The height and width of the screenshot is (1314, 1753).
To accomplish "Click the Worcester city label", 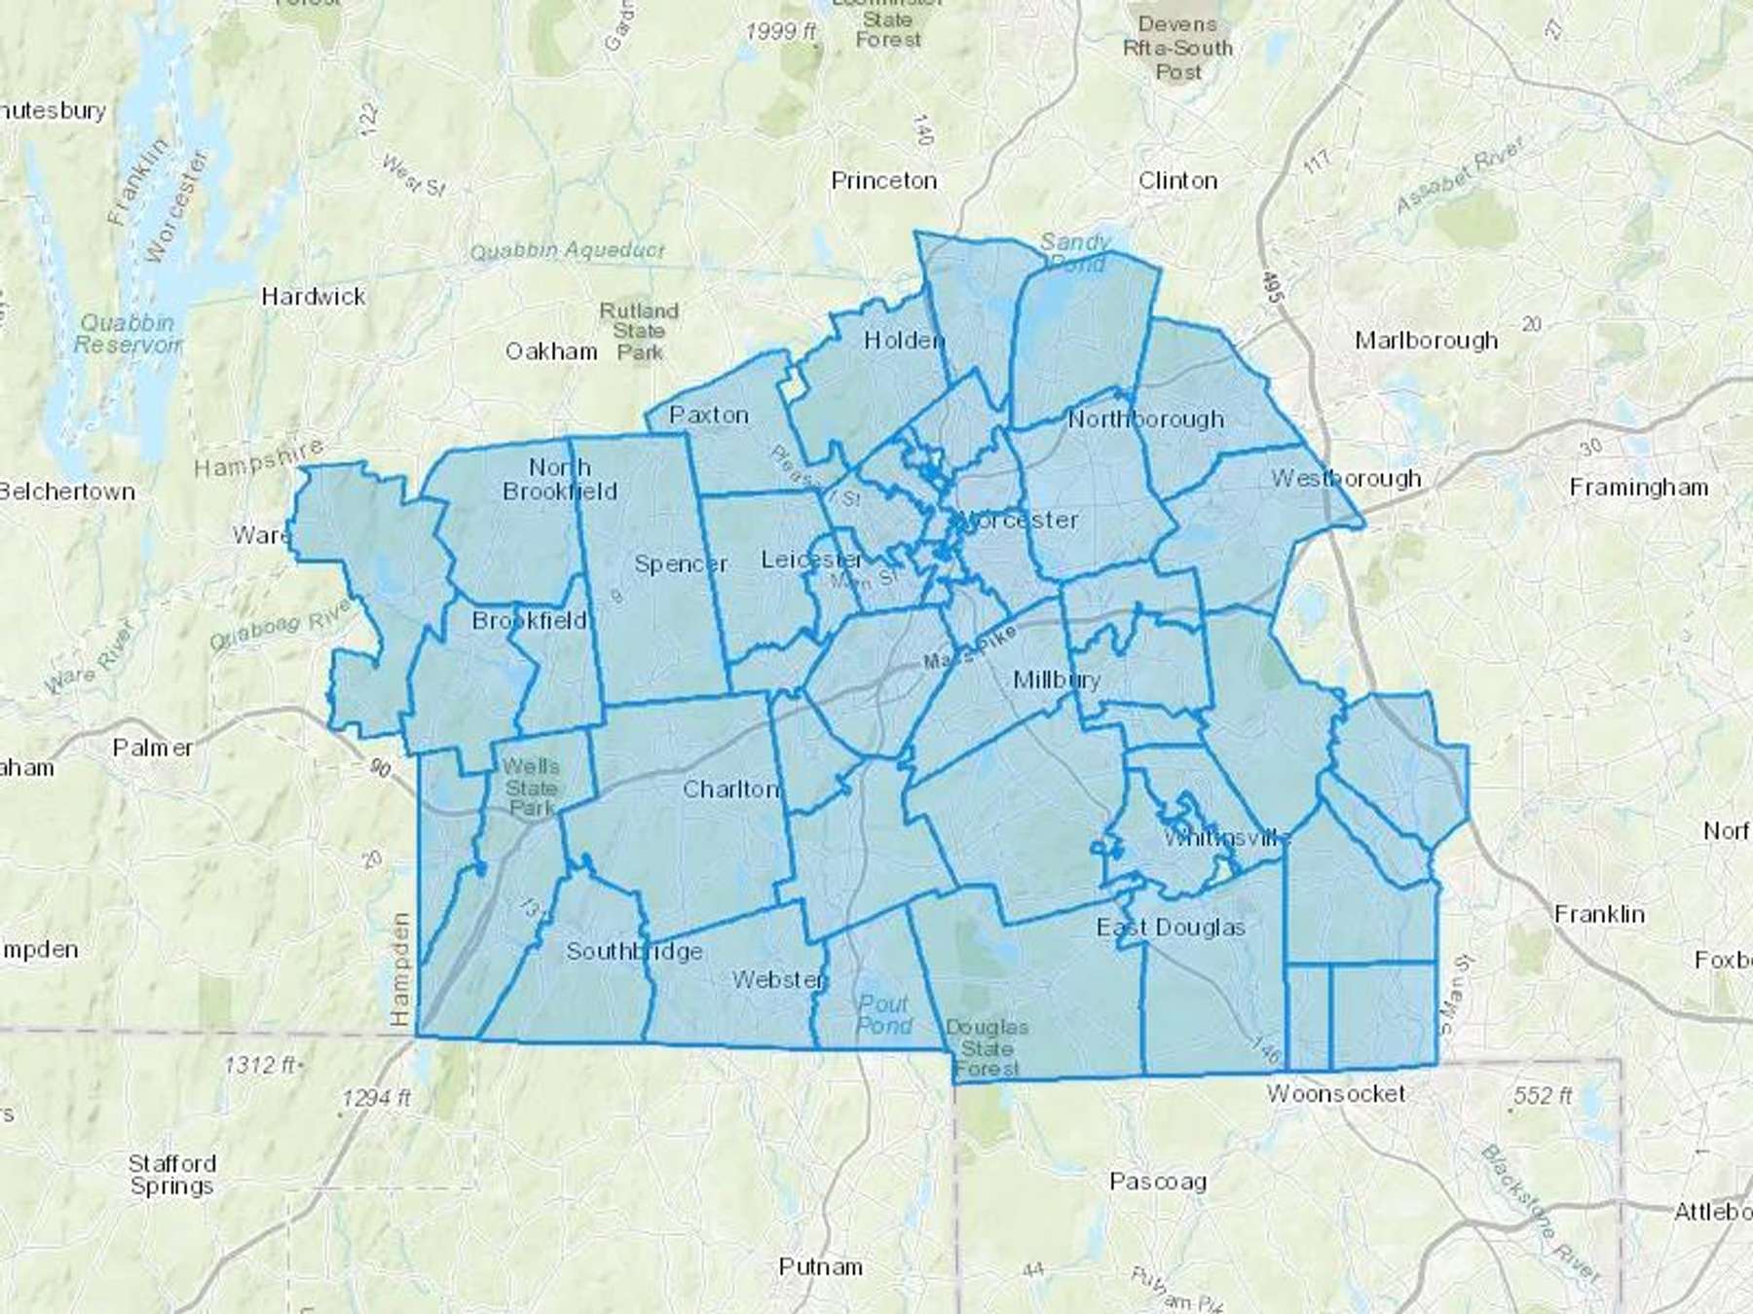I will [1018, 520].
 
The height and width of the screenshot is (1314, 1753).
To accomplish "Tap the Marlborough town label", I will [1426, 341].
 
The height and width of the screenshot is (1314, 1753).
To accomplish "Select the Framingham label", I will [1638, 488].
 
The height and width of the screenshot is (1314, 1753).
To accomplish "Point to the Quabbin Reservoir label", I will [128, 334].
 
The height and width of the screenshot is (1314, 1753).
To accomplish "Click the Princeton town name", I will [883, 181].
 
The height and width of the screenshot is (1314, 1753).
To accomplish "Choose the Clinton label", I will [1177, 181].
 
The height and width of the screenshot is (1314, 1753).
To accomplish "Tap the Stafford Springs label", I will [171, 1175].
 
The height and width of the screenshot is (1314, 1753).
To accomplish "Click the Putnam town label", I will [820, 1267].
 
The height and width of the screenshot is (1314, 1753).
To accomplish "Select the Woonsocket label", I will [1335, 1094].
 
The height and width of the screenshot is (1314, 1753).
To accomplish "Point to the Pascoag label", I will [1158, 1182].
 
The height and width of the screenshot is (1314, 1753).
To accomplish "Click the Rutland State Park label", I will [639, 331].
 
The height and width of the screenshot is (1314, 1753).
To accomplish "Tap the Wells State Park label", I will [531, 787].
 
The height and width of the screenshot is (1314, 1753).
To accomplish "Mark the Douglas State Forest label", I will [987, 1048].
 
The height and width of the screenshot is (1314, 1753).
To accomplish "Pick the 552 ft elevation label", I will [1542, 1096].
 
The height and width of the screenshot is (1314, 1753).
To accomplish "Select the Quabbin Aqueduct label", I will [567, 251].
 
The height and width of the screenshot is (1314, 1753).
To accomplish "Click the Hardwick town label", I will [313, 297].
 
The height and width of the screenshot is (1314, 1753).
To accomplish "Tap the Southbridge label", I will [634, 951].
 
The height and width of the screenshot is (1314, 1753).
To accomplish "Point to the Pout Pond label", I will [884, 1014].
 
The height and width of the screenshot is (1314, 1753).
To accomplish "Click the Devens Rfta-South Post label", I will [1177, 48].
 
